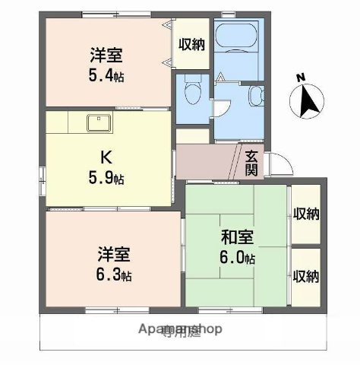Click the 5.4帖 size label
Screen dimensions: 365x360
coord(107,76)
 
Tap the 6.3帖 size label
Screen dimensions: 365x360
coord(114,275)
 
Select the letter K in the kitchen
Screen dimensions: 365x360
coord(107,159)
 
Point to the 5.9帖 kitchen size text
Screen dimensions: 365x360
coord(107,179)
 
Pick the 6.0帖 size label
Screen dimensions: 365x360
coord(235,257)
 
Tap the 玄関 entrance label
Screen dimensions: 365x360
coord(252,162)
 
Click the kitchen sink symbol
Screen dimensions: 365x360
coord(99,122)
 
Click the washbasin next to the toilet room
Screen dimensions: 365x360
coord(255,97)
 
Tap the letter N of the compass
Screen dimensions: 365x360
coord(301,77)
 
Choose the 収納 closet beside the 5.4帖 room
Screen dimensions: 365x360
coord(191,44)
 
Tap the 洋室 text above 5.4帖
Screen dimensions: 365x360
coord(107,56)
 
